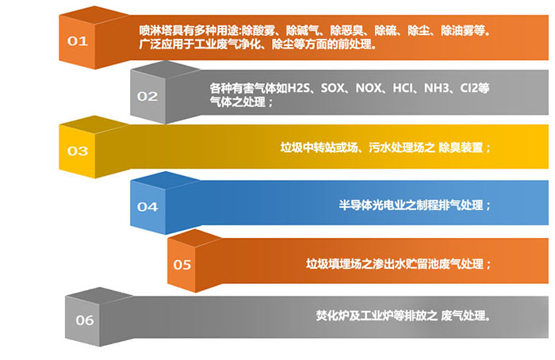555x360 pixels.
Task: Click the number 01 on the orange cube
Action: pyautogui.click(x=78, y=41)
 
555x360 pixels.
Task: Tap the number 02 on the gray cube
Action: pyautogui.click(x=147, y=96)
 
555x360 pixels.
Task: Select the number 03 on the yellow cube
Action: pyautogui.click(x=78, y=151)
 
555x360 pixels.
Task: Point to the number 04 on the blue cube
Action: pyautogui.click(x=147, y=207)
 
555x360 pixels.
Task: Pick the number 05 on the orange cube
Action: pyautogui.click(x=182, y=265)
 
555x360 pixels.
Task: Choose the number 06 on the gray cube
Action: pyautogui.click(x=85, y=320)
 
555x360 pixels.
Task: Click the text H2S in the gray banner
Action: pyautogui.click(x=298, y=88)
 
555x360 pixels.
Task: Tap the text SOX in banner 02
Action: pyautogui.click(x=333, y=88)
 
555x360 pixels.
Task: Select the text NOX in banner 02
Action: pyautogui.click(x=369, y=88)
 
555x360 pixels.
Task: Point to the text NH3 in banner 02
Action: pyautogui.click(x=437, y=88)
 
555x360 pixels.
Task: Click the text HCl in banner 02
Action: pyautogui.click(x=403, y=88)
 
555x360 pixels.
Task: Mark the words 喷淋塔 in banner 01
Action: pyautogui.click(x=155, y=31)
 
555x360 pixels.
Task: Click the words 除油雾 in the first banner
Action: pyautogui.click(x=457, y=31)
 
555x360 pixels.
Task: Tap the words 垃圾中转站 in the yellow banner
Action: pyautogui.click(x=308, y=147)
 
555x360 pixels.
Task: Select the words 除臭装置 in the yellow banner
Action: pyautogui.click(x=461, y=147)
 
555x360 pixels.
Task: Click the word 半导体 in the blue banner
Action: pyautogui.click(x=355, y=205)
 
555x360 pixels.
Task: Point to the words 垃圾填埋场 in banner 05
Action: pyautogui.click(x=334, y=264)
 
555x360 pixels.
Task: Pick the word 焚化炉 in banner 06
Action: pyautogui.click(x=332, y=315)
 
